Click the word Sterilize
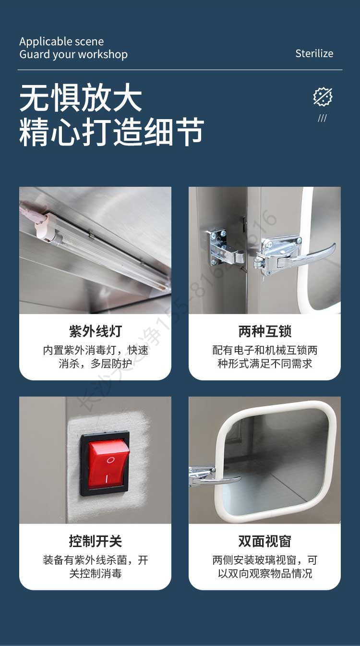(314, 53)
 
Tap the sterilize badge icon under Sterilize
(323, 97)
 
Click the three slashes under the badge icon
(322, 118)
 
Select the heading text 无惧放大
(81, 98)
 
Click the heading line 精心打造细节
(111, 131)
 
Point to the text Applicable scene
(61, 41)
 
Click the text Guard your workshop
(73, 54)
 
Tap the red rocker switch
(108, 463)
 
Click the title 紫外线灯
(95, 331)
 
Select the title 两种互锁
(264, 331)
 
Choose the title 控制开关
(95, 541)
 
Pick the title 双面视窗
(264, 541)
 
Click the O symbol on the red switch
(110, 460)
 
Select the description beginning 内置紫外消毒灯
(95, 357)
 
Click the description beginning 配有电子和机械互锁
(264, 357)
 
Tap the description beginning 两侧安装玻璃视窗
(264, 567)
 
